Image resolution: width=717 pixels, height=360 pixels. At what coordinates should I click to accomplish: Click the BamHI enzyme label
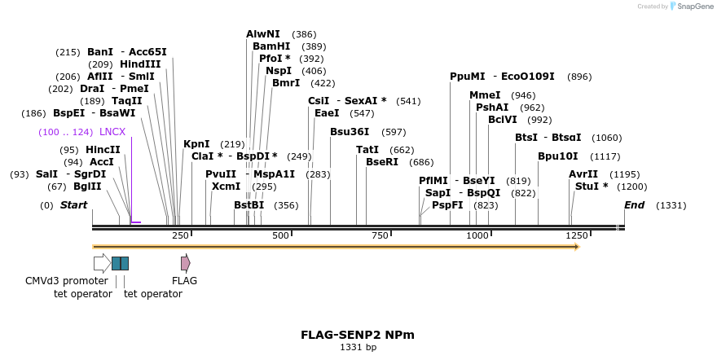(x=271, y=46)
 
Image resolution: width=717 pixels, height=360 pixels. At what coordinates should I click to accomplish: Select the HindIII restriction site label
(x=140, y=64)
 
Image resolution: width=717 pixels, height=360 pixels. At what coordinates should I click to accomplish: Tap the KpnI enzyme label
(x=196, y=144)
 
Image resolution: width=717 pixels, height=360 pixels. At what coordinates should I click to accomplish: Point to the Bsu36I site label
(x=350, y=131)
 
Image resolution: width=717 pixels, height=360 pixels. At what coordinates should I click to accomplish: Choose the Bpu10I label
(x=558, y=156)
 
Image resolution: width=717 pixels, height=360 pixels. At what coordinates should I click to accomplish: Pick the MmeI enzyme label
(x=485, y=95)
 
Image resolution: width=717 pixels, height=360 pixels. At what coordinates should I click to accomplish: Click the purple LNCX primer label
(x=112, y=132)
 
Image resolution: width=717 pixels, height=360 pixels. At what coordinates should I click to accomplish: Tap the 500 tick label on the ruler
(x=281, y=235)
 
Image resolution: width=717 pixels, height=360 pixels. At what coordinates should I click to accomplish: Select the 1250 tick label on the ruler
(x=577, y=235)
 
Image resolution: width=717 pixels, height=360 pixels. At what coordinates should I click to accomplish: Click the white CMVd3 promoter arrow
(x=102, y=263)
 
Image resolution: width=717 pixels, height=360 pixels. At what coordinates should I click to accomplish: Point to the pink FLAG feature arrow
(x=186, y=263)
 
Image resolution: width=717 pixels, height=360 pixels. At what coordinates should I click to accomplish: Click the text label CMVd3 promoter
(x=67, y=281)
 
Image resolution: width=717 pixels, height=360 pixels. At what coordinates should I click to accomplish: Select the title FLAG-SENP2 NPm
(x=358, y=335)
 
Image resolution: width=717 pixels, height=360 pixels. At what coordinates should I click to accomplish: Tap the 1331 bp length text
(x=358, y=347)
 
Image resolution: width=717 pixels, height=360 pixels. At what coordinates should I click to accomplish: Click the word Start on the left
(x=73, y=204)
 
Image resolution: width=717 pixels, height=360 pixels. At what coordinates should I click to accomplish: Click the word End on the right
(x=635, y=204)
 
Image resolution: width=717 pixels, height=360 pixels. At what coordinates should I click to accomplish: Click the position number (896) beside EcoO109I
(x=579, y=77)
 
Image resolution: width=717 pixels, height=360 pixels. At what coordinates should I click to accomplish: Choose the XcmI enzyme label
(x=226, y=187)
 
